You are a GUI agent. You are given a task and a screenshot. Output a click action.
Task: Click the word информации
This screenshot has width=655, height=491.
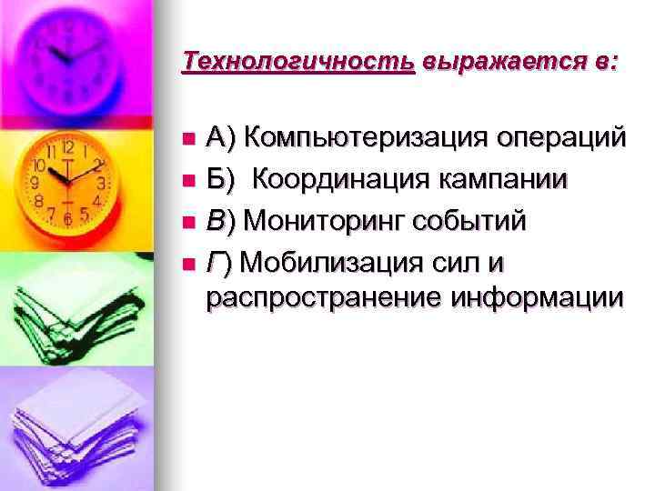pyautogui.click(x=545, y=297)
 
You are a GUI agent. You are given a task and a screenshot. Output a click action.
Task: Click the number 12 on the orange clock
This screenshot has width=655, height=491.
pyautogui.click(x=66, y=147)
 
